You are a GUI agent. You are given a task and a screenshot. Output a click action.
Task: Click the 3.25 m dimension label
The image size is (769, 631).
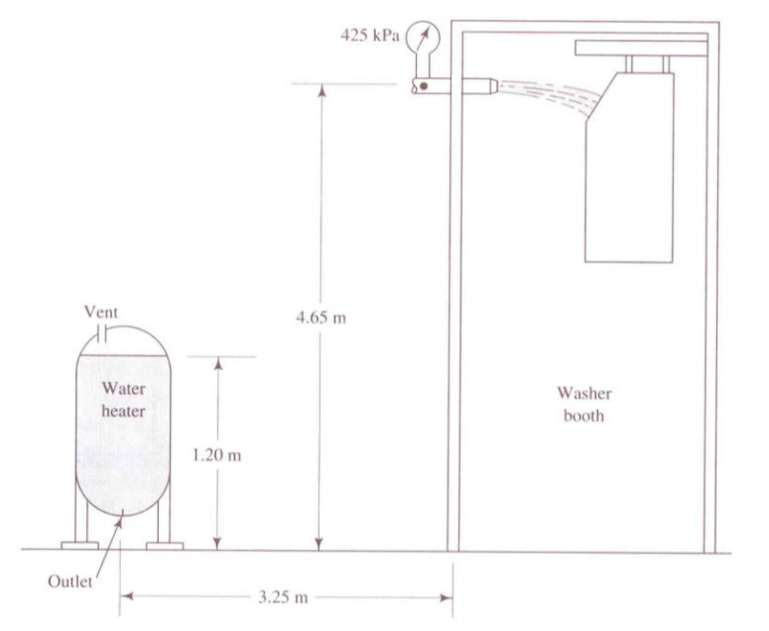pos(287,596)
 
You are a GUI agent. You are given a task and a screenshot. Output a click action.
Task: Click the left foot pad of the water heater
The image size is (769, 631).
pos(79,545)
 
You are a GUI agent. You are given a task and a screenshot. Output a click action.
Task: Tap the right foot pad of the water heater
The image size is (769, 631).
pos(165,545)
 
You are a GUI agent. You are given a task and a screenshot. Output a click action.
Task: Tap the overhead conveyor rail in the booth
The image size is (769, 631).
pos(641,47)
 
